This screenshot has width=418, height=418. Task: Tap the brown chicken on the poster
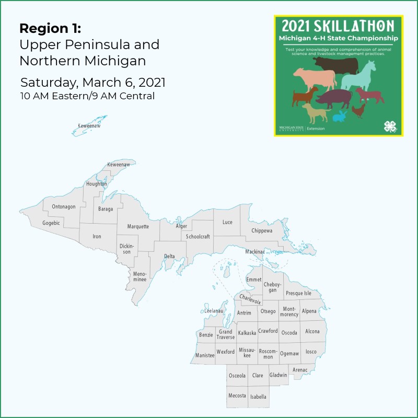[358, 110]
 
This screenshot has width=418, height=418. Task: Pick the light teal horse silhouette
[359, 76]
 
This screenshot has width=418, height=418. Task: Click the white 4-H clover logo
[390, 126]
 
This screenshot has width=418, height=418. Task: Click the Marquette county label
[138, 227]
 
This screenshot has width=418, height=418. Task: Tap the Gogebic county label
[51, 223]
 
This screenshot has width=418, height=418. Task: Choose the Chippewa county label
[262, 230]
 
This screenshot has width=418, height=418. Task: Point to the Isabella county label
[258, 397]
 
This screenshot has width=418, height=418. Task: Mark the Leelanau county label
[214, 311]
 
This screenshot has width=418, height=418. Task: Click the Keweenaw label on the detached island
[89, 126]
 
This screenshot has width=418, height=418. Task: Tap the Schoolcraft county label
[198, 237]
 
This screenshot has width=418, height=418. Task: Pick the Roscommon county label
[268, 354]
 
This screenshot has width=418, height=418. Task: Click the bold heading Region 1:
[50, 28]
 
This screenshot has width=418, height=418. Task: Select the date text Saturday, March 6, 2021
[93, 83]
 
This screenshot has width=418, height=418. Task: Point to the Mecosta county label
[237, 396]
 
